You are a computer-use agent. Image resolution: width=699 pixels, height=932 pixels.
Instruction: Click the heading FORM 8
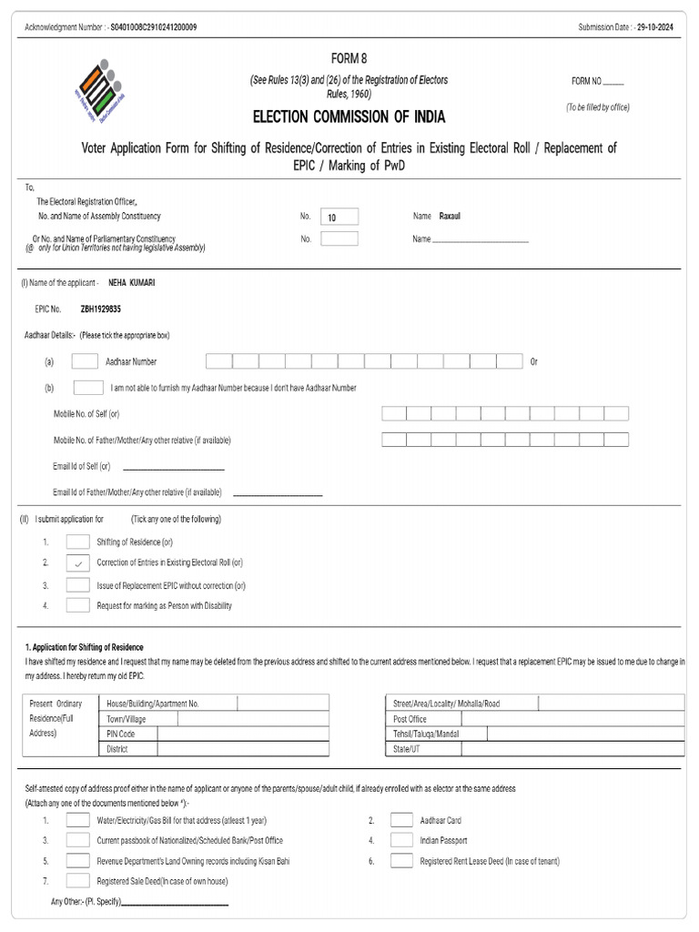[x=349, y=58]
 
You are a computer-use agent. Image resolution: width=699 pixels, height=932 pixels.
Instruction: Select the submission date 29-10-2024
[x=655, y=27]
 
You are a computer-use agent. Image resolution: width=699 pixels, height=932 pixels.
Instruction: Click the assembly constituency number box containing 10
[x=339, y=217]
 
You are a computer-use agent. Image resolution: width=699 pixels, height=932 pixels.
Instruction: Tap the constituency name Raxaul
[x=451, y=217]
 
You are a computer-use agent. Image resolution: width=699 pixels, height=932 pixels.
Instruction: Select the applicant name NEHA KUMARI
[x=132, y=283]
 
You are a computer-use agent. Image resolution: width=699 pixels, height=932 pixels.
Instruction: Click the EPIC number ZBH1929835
[x=101, y=309]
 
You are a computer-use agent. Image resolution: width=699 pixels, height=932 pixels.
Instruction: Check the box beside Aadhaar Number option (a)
[x=85, y=361]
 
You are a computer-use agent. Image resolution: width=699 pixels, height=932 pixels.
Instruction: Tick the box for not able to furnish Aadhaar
[x=87, y=388]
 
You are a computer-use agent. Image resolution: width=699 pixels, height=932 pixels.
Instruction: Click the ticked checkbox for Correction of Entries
[x=78, y=562]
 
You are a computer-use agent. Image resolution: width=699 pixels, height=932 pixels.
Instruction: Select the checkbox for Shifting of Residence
[x=78, y=542]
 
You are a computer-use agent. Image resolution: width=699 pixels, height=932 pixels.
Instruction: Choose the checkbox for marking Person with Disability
[x=78, y=605]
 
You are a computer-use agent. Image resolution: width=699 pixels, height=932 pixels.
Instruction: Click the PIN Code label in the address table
[x=121, y=734]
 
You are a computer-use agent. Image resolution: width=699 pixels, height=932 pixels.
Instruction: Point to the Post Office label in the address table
[x=410, y=719]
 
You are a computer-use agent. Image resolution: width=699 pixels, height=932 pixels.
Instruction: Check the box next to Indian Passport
[x=401, y=840]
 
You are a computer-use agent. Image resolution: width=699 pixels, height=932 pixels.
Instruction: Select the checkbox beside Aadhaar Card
[x=401, y=820]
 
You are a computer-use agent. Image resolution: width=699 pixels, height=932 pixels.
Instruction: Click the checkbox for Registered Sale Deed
[x=78, y=881]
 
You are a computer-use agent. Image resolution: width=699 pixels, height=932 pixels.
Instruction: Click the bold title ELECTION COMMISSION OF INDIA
[x=349, y=118]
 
